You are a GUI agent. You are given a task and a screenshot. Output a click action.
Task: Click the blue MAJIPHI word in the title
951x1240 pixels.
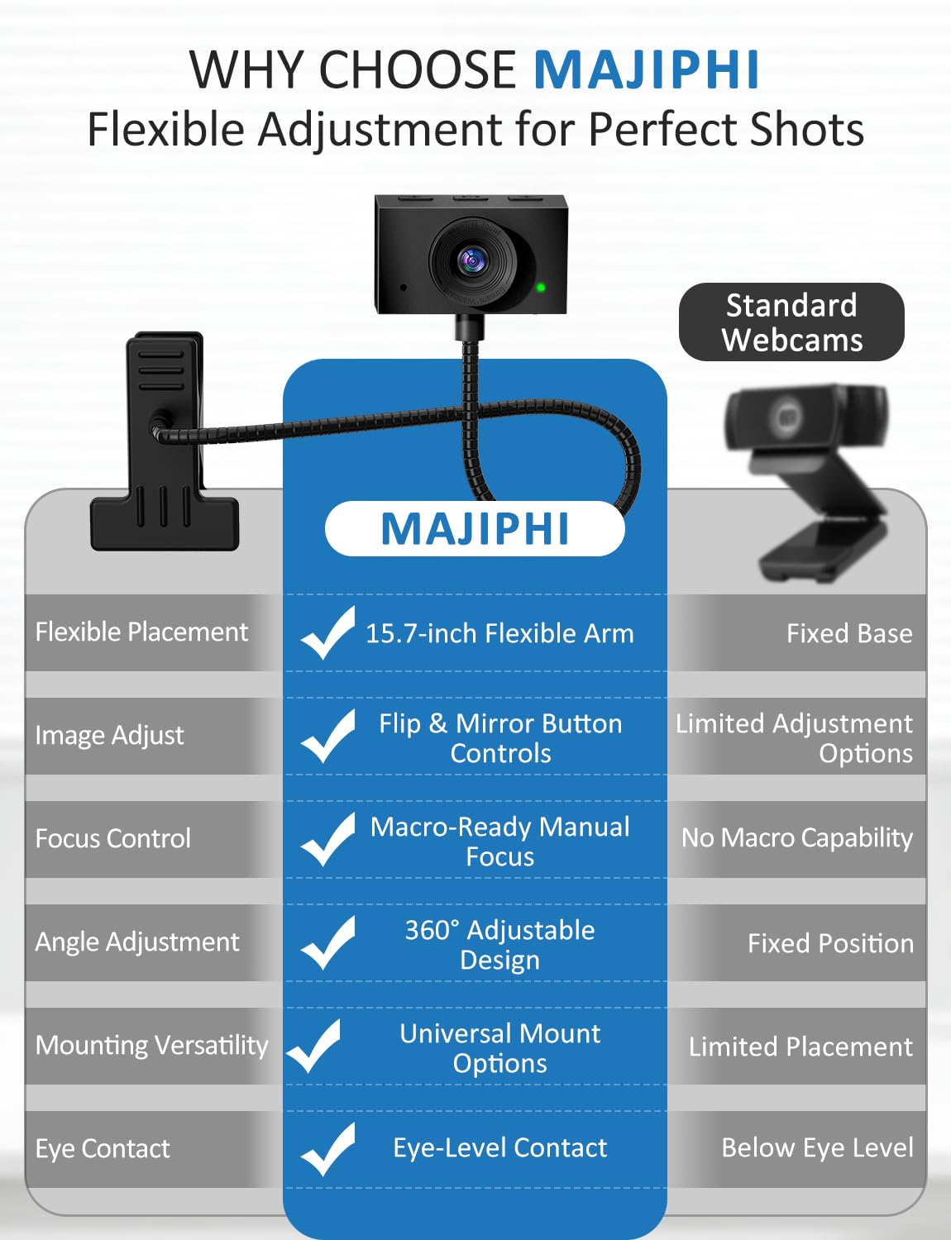click(x=646, y=69)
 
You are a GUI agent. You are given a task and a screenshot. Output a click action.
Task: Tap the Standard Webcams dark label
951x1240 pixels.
click(x=791, y=322)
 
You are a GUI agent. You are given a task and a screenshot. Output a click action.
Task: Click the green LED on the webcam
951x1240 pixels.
click(x=541, y=288)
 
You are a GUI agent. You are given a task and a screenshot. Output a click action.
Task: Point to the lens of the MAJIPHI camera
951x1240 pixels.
click(x=471, y=260)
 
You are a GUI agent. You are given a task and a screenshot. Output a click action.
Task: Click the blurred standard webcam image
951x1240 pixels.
click(x=806, y=479)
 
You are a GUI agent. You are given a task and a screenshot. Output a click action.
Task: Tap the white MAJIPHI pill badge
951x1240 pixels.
click(x=475, y=529)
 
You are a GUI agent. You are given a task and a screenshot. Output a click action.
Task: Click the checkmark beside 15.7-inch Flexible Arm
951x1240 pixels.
click(x=328, y=632)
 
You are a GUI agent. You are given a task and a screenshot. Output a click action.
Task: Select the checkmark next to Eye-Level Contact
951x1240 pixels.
click(x=328, y=1148)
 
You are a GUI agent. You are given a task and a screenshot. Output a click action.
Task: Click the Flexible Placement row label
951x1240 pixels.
click(x=141, y=632)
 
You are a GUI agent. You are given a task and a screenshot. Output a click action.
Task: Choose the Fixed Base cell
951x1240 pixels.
click(x=849, y=634)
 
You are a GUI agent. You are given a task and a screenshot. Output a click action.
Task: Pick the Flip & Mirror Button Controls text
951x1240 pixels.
click(x=500, y=738)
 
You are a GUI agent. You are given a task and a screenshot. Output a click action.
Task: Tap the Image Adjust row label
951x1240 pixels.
click(x=109, y=736)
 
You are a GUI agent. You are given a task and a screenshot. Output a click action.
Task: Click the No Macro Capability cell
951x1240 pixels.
click(x=797, y=838)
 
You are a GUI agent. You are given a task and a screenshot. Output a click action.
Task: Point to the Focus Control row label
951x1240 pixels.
click(x=113, y=839)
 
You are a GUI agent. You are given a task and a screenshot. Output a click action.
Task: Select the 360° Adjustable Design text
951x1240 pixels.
click(x=499, y=945)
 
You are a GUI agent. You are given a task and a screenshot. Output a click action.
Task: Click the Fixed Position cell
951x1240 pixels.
click(x=830, y=943)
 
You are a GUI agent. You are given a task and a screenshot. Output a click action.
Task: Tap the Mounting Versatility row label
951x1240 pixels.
click(x=152, y=1046)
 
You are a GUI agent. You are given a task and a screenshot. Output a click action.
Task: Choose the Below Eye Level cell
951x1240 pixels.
click(x=817, y=1148)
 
